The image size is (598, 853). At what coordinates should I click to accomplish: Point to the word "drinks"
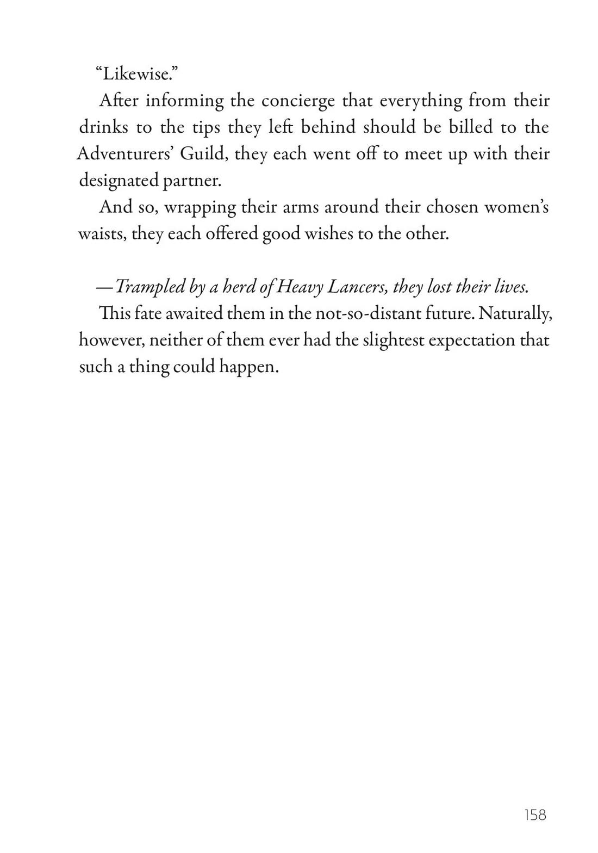coord(103,127)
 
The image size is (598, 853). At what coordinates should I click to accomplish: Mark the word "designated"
coord(119,180)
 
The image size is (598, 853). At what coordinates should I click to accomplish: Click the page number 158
coord(535,814)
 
